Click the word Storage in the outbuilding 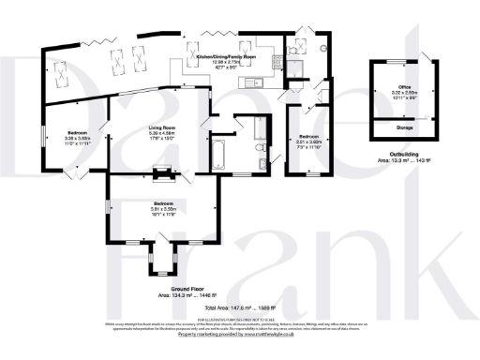pyautogui.click(x=405, y=125)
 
